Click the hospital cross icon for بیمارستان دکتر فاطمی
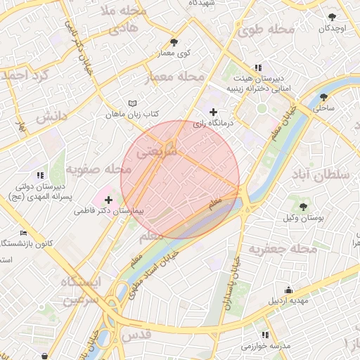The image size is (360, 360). click(x=108, y=200)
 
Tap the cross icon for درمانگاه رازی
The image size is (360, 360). click(x=214, y=112)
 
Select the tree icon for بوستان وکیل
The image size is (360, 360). click(x=303, y=206)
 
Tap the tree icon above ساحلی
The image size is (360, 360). click(x=324, y=97)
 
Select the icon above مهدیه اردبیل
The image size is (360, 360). click(x=289, y=290)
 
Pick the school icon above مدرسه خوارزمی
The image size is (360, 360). click(x=265, y=335)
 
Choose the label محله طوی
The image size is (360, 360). click(x=265, y=30)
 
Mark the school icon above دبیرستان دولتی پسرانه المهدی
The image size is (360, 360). click(x=40, y=174)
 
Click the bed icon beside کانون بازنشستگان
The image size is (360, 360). click(x=23, y=233)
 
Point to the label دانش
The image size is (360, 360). click(x=51, y=115)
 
